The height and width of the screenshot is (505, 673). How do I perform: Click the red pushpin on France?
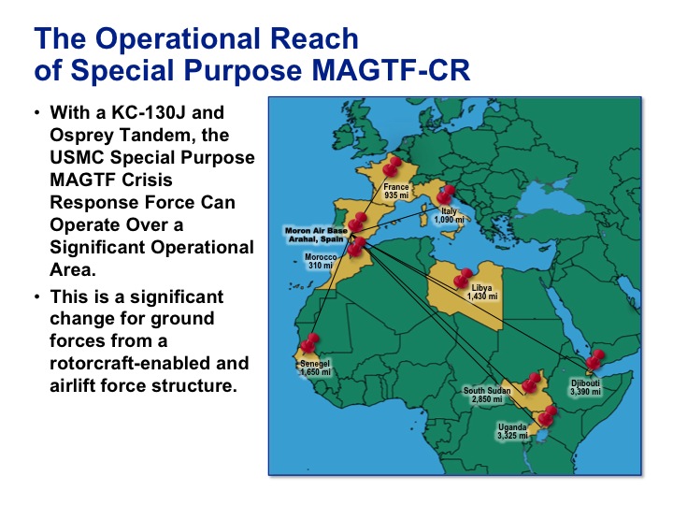tap(393, 166)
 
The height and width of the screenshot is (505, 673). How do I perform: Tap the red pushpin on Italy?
tap(446, 195)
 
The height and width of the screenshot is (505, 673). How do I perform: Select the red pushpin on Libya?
tap(463, 278)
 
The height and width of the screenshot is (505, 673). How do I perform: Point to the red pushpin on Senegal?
tap(310, 343)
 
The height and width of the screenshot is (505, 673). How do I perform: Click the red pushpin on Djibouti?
tap(595, 360)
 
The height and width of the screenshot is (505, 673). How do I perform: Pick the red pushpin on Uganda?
tap(547, 415)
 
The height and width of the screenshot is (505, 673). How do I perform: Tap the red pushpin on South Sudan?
tap(531, 382)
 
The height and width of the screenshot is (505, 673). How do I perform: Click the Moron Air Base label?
tap(316, 235)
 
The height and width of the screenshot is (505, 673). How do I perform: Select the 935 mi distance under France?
tap(396, 195)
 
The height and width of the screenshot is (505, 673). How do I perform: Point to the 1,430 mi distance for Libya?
tap(482, 296)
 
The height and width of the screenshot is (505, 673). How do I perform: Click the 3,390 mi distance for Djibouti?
tap(585, 392)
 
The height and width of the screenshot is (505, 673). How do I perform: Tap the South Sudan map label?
tap(487, 390)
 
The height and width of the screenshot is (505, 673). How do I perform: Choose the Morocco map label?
tap(321, 257)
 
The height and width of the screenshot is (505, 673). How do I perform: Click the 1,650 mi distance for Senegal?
tap(316, 372)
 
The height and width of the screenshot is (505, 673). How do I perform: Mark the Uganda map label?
tap(512, 427)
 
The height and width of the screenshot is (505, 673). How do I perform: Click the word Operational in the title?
tap(179, 38)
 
